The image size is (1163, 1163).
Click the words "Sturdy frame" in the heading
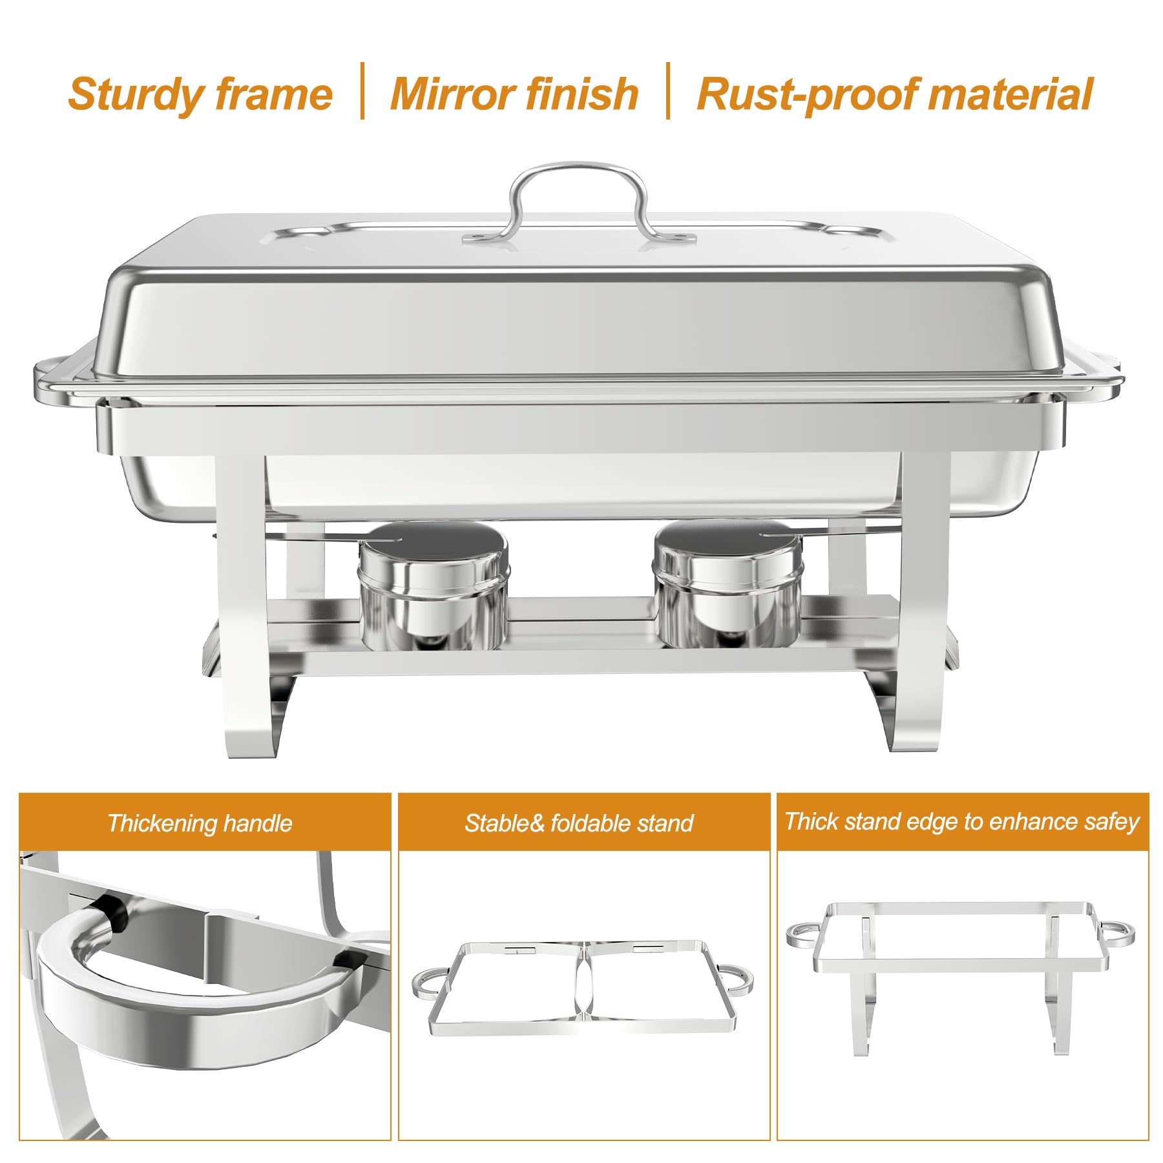tap(200, 94)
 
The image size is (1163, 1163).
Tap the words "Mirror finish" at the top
tap(514, 94)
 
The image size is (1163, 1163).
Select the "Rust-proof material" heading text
tap(895, 94)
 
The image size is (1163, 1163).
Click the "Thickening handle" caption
tap(200, 823)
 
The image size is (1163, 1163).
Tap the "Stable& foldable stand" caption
tap(578, 823)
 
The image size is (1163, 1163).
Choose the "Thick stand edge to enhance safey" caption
tap(961, 821)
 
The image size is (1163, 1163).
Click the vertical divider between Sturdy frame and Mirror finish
tap(362, 91)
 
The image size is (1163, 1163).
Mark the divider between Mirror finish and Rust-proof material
tap(668, 91)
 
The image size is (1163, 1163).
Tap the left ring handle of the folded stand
tap(427, 983)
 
